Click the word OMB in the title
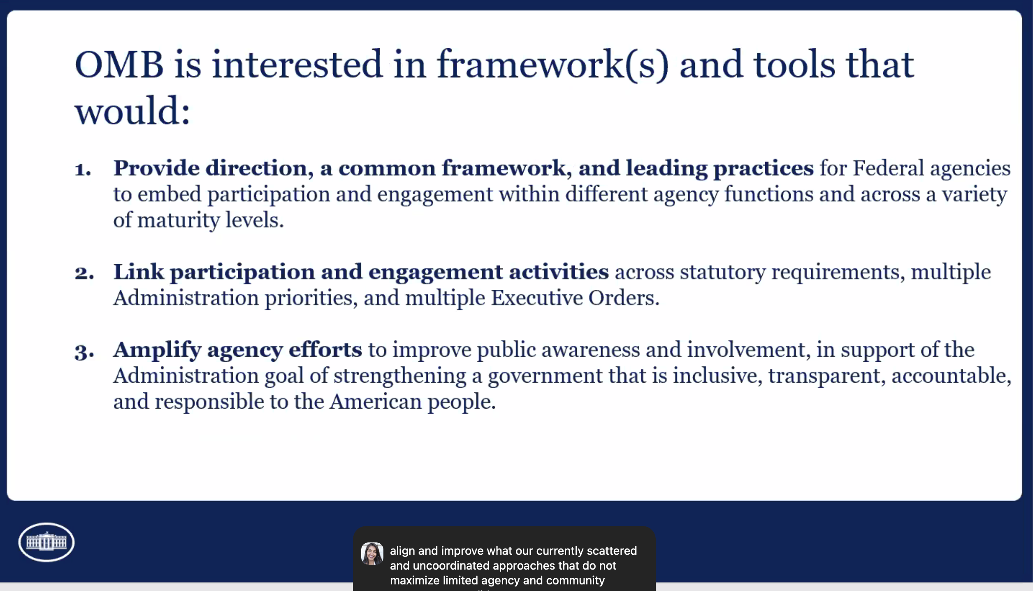(119, 65)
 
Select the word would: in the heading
(132, 111)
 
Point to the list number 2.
(84, 273)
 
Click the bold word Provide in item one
(156, 168)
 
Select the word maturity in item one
(179, 220)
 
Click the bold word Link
(139, 272)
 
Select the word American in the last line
(376, 402)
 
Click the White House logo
(46, 542)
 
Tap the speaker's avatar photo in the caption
(372, 554)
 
